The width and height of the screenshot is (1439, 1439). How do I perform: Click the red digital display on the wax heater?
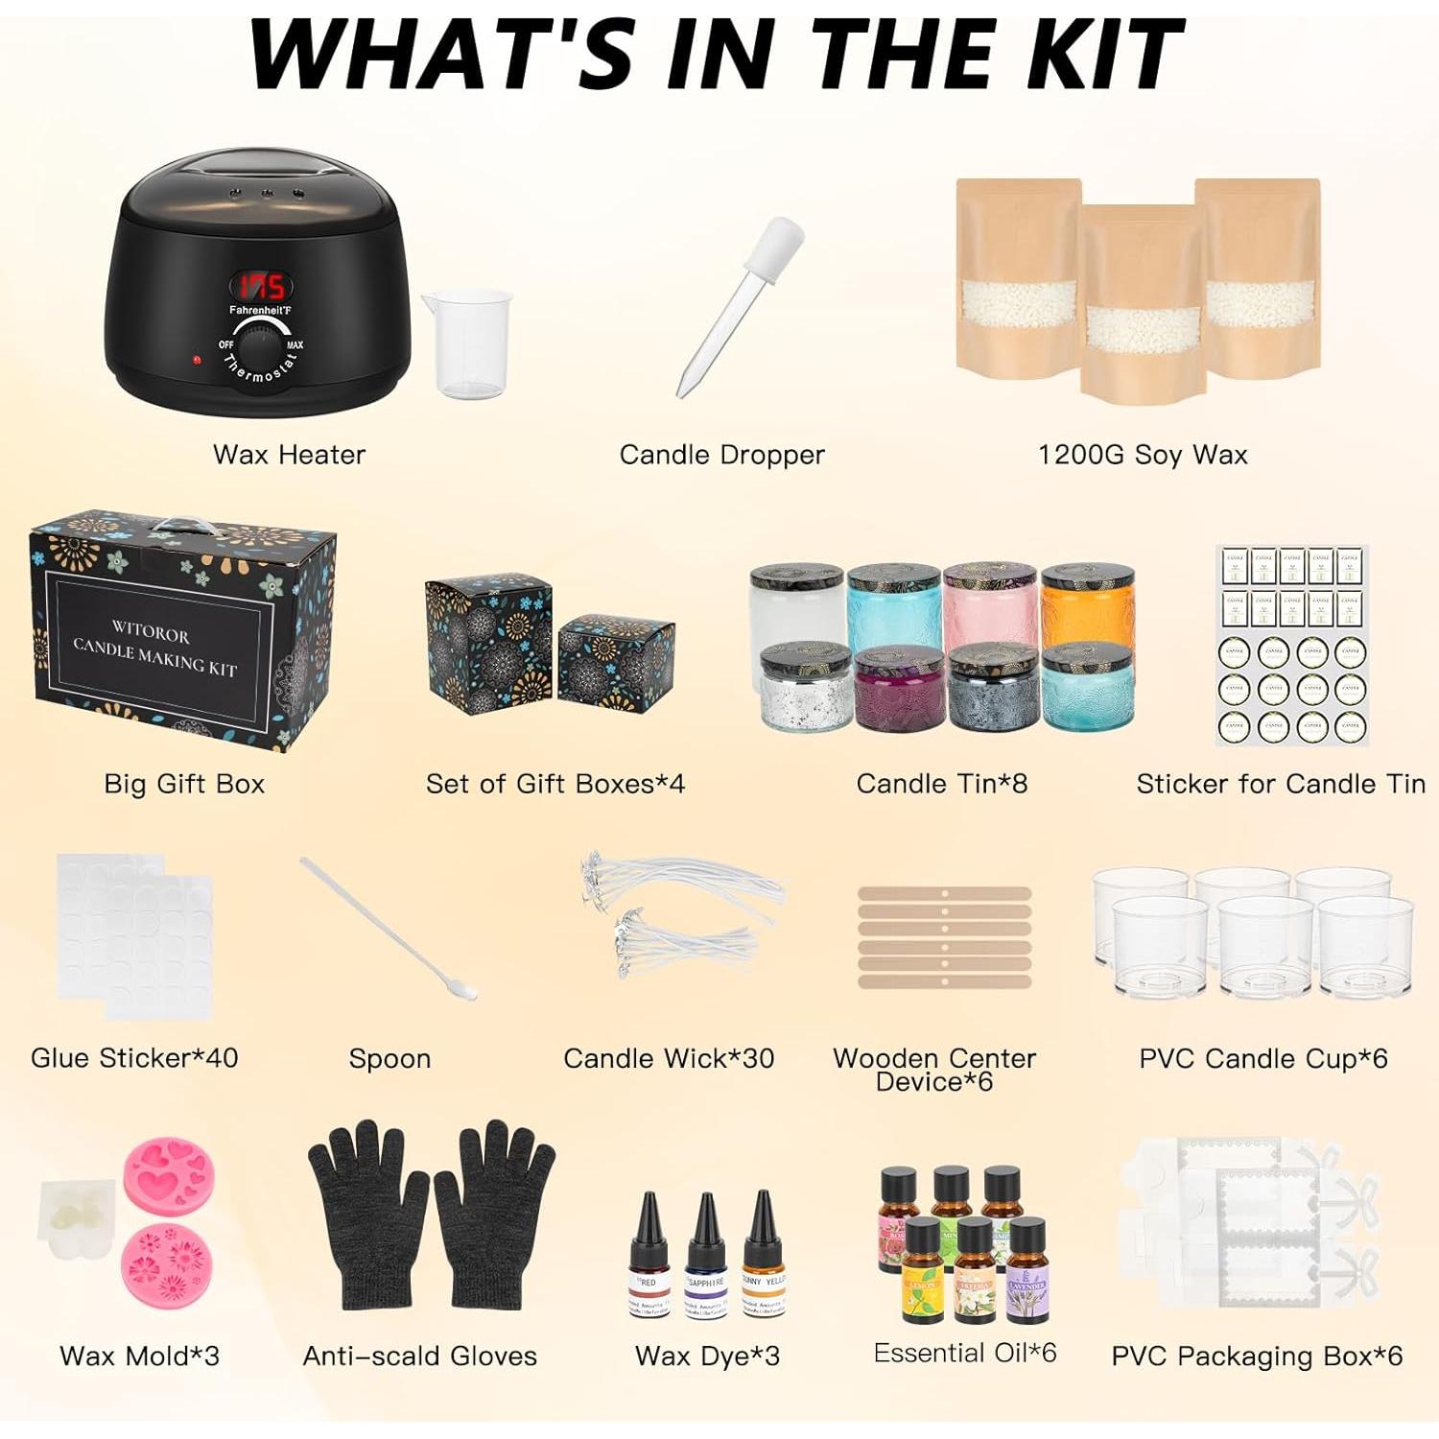[x=261, y=287]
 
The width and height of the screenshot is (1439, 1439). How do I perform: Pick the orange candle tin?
[x=1088, y=608]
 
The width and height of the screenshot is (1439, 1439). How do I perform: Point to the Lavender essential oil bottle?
[x=1026, y=1269]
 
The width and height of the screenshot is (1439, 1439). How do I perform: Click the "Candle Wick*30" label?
[x=669, y=1058]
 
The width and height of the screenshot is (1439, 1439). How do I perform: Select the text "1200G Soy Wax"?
[x=1143, y=455]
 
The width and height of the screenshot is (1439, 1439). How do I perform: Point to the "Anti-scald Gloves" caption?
[x=420, y=1356]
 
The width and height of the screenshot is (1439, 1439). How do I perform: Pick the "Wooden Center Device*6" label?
[x=934, y=1070]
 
